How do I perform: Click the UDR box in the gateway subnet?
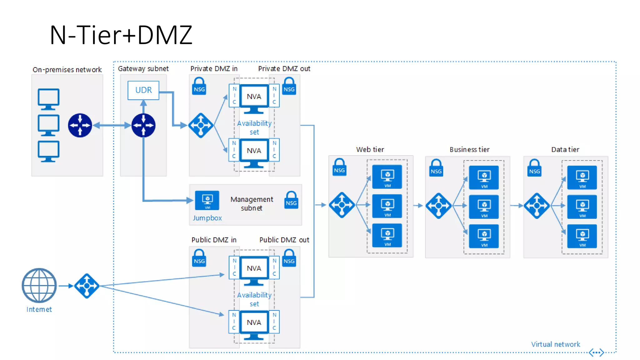pyautogui.click(x=143, y=90)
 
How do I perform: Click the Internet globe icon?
pyautogui.click(x=39, y=285)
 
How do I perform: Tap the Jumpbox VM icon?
pyautogui.click(x=207, y=200)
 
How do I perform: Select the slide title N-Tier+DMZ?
pyautogui.click(x=121, y=35)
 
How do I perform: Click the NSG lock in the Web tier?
pyautogui.click(x=339, y=167)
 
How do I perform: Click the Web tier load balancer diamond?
pyautogui.click(x=342, y=205)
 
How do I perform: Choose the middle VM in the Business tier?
pyautogui.click(x=484, y=207)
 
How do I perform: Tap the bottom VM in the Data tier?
pyautogui.click(x=582, y=236)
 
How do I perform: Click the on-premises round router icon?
pyautogui.click(x=80, y=125)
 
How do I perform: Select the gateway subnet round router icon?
pyautogui.click(x=143, y=125)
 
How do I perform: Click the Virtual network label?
pyautogui.click(x=555, y=344)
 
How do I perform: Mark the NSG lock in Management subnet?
pyautogui.click(x=291, y=200)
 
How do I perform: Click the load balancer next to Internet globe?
pyautogui.click(x=87, y=286)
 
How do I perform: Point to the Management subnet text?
pyautogui.click(x=252, y=203)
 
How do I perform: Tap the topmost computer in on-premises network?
pyautogui.click(x=48, y=99)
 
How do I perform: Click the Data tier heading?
pyautogui.click(x=565, y=149)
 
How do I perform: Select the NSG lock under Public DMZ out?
pyautogui.click(x=289, y=258)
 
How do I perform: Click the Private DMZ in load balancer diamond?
pyautogui.click(x=201, y=125)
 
